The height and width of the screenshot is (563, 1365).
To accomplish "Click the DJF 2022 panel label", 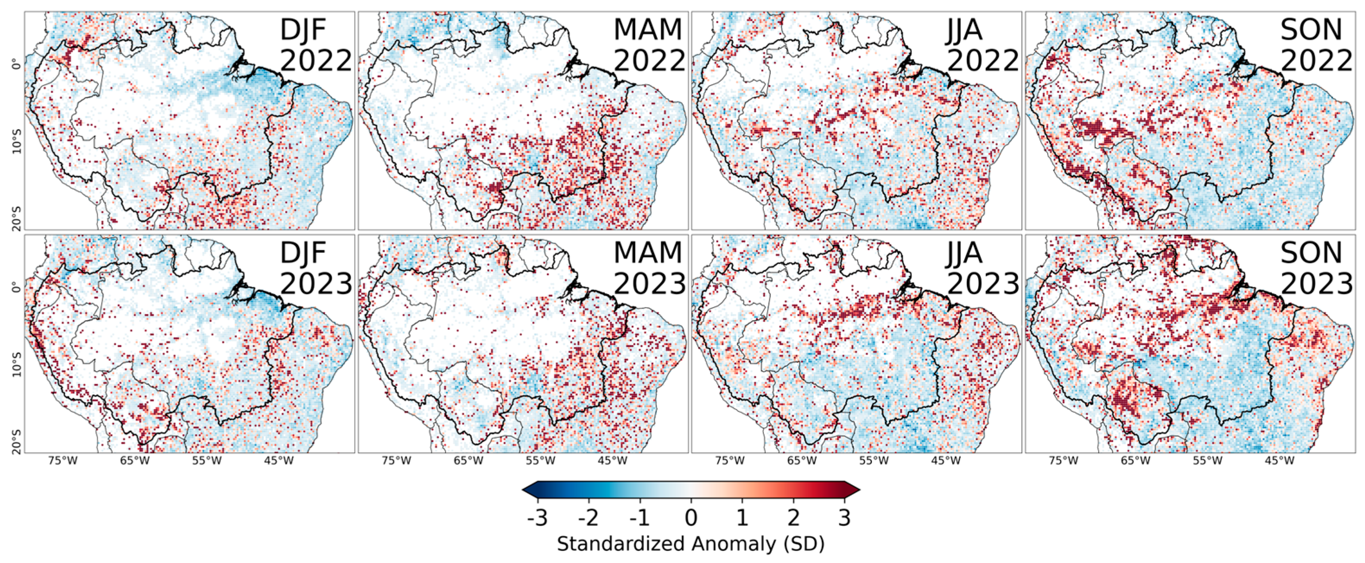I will pos(316,45).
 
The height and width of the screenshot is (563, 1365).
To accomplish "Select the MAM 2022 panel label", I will pos(649,45).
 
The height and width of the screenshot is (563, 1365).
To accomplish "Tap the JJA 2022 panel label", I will pos(982,45).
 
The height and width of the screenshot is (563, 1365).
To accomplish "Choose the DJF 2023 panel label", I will pos(316,268).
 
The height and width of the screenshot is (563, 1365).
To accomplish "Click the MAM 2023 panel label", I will pos(649,268).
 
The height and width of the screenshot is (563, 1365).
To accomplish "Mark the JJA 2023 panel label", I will pos(982,268).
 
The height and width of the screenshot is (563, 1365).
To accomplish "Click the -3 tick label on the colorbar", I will pos(537,517).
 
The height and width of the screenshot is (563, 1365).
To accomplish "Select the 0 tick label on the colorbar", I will pos(690,517).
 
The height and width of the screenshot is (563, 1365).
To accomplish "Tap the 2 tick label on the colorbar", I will pos(793,517).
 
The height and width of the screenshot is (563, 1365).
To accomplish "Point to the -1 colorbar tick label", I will pos(639,517).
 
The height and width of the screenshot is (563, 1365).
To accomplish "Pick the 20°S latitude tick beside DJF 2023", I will pos(16,441).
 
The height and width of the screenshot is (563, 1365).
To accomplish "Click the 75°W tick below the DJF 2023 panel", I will pos(63,461).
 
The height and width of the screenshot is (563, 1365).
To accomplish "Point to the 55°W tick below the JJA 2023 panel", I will pos(873,461).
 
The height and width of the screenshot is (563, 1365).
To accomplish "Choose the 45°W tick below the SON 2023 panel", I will pos(1279,461).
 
